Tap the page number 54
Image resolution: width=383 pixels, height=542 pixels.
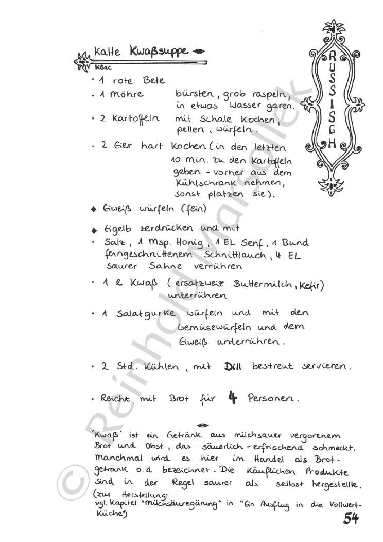(351, 519)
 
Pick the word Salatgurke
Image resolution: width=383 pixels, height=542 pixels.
(145, 314)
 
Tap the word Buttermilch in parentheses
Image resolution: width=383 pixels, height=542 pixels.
(264, 284)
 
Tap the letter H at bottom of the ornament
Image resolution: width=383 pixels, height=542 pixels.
(332, 144)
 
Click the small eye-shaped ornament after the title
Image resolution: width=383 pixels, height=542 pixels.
(198, 51)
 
